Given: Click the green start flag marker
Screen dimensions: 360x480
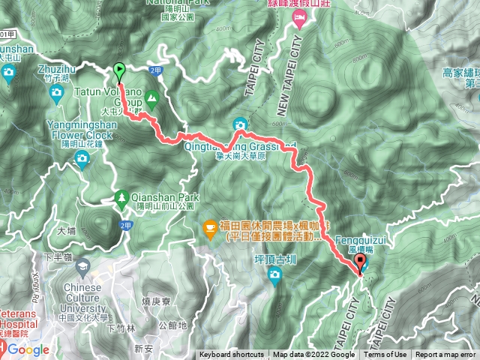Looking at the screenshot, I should point(120,71).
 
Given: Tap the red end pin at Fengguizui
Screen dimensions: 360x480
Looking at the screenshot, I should point(360,263).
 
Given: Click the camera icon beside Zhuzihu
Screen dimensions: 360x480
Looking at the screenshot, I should point(57,92).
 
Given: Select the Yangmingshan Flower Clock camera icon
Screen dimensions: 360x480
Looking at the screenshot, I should point(81,157).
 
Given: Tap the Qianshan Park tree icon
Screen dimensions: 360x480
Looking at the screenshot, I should point(121,198).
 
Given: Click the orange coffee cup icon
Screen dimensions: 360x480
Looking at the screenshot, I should point(211,225).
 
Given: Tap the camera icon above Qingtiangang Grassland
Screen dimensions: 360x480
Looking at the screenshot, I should point(240,124).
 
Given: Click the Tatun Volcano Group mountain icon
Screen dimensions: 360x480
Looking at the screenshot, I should point(152,97).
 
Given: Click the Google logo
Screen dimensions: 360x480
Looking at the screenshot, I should point(28,349).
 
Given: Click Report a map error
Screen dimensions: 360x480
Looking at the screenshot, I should point(447,355).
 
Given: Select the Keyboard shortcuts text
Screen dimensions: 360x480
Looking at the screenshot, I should point(232,355).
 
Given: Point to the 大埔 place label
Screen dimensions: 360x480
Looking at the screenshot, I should point(67,231).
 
